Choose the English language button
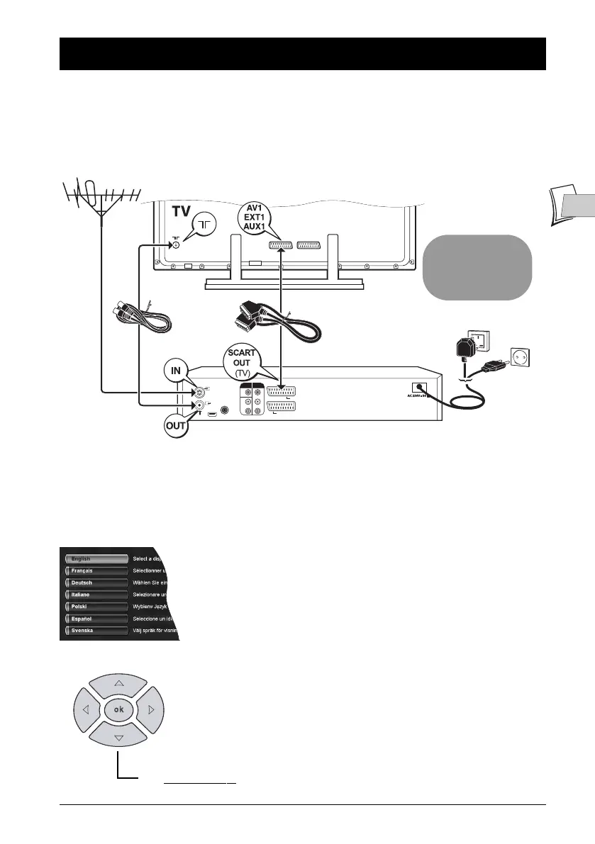coord(96,559)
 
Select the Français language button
coord(96,570)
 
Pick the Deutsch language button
coord(96,583)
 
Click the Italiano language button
coord(96,595)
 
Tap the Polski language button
coord(96,607)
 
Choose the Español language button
coord(96,619)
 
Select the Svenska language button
coord(96,630)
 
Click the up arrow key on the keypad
coord(119,683)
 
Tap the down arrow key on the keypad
coord(119,738)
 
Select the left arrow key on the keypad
coord(85,710)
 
